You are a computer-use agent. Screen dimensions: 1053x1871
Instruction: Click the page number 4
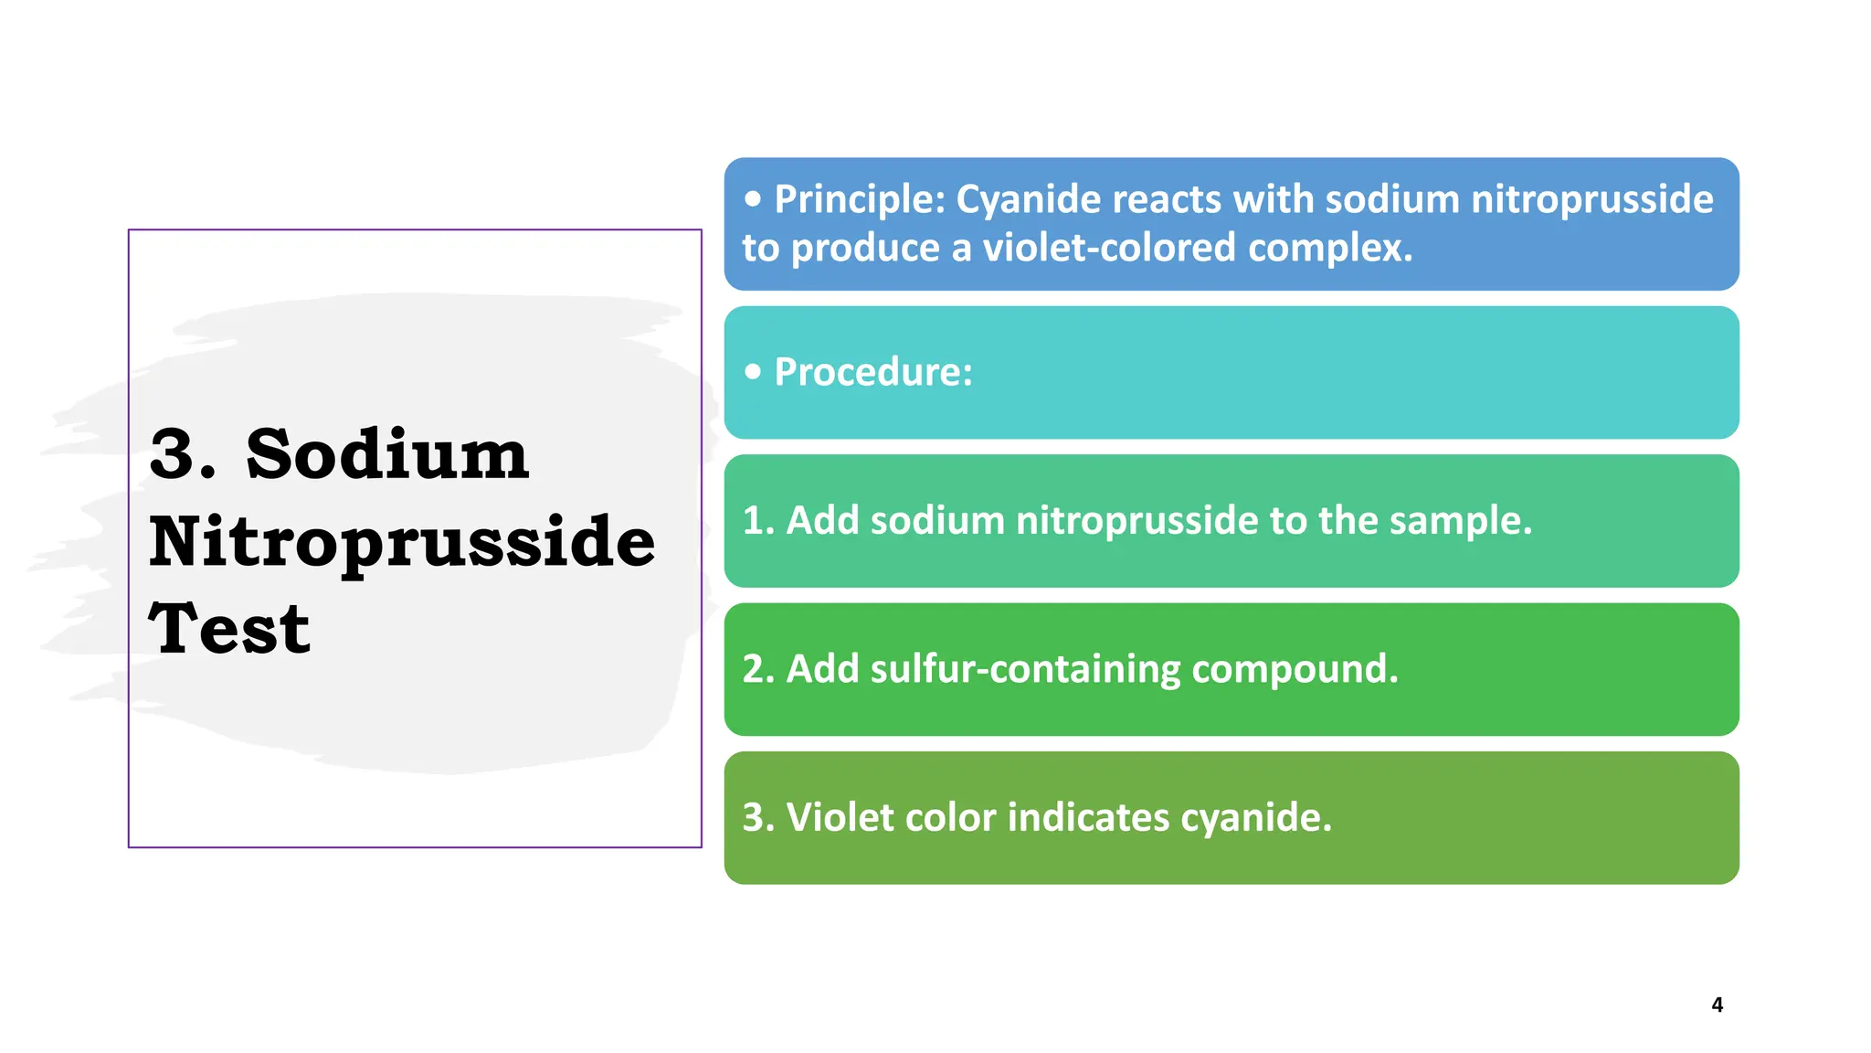tap(1717, 1005)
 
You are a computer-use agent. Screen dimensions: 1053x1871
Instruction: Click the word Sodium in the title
tap(387, 454)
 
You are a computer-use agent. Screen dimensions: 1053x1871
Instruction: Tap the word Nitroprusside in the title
tap(402, 542)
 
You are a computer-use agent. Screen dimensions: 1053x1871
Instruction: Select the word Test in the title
tap(229, 629)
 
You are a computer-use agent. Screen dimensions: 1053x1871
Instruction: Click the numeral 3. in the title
tap(183, 454)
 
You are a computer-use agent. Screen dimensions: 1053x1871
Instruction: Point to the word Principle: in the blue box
tap(859, 199)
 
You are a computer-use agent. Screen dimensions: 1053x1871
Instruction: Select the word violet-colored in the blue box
tap(1109, 248)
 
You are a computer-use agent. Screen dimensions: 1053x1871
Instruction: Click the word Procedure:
tap(873, 372)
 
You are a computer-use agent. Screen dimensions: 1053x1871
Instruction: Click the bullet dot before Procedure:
tap(753, 371)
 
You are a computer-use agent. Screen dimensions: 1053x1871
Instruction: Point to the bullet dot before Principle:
tap(753, 198)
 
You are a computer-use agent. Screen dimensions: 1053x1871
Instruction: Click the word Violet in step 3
tap(840, 817)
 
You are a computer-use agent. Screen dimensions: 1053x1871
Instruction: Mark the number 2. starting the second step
tap(758, 669)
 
